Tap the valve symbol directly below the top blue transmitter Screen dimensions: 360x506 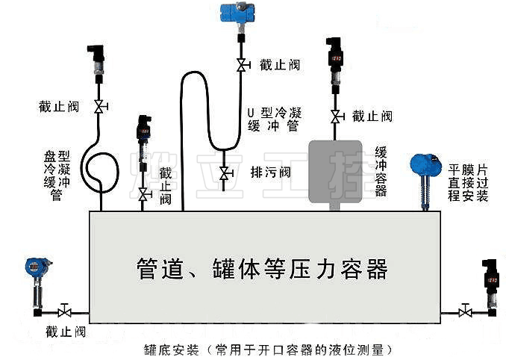240,66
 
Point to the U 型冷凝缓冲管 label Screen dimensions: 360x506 274,119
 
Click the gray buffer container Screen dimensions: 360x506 340,171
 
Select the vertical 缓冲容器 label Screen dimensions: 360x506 381,171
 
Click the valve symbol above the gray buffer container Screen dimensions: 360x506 337,117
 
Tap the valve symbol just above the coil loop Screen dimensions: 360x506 99,107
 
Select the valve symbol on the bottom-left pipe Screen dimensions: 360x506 65,310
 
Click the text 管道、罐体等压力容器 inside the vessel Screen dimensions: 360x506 262,267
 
